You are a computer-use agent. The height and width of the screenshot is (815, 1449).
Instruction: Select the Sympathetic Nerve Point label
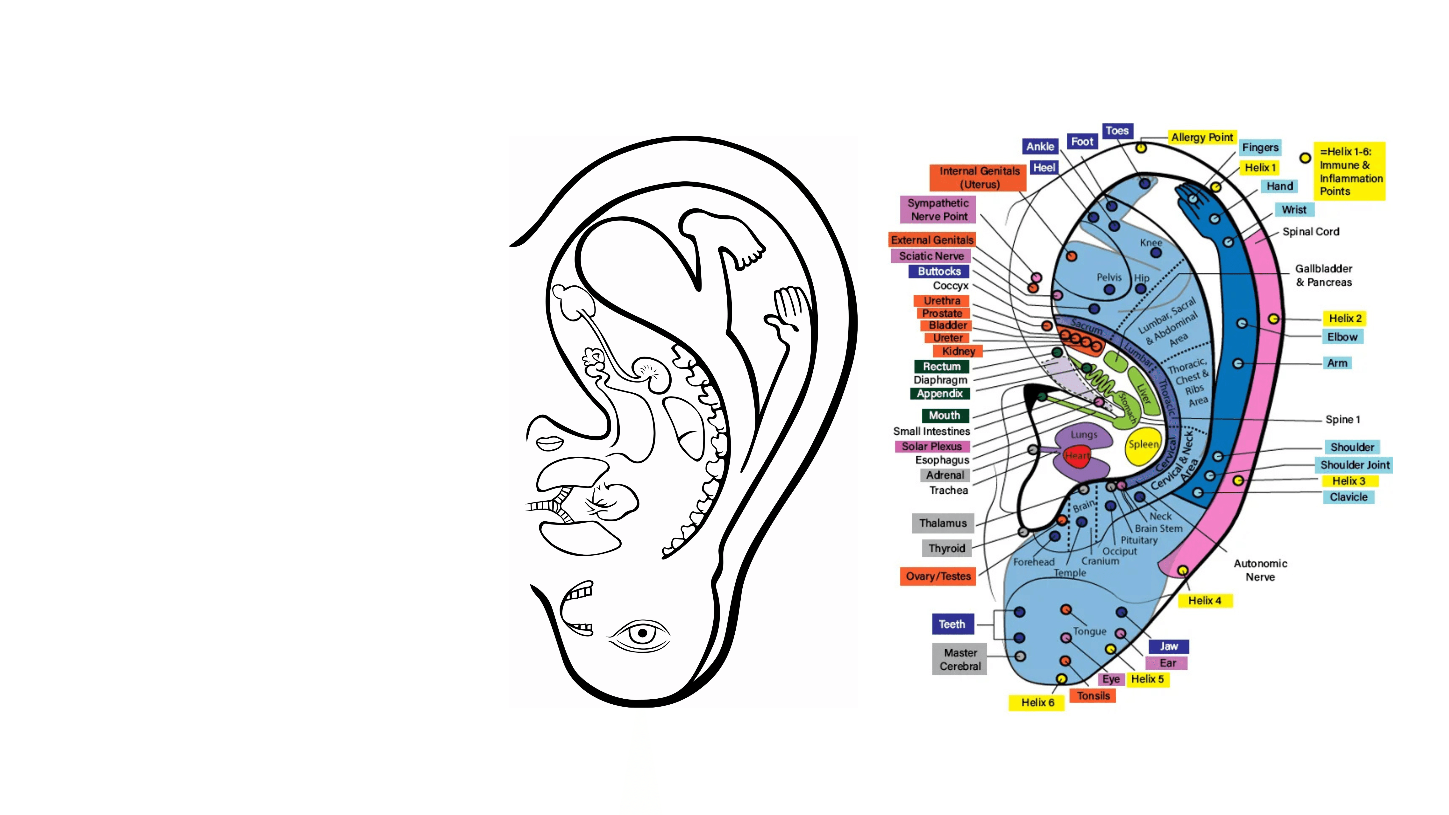938,209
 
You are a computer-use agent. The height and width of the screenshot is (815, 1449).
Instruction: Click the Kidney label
958,351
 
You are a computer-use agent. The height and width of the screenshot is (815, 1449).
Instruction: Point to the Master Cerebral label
960,659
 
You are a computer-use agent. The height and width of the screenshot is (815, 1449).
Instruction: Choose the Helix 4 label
1204,601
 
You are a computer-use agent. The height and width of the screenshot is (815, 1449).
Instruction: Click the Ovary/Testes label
938,576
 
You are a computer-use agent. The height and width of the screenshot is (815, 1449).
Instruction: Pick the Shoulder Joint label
1355,465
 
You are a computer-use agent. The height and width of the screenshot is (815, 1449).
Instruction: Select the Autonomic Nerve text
1260,570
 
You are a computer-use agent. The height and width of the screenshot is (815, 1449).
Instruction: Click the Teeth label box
952,624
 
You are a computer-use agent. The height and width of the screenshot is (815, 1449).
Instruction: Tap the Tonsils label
1093,696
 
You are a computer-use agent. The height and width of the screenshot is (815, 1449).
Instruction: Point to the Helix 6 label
1037,702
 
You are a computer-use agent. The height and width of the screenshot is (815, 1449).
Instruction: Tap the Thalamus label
943,523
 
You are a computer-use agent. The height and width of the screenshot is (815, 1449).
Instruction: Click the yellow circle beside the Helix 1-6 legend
1305,158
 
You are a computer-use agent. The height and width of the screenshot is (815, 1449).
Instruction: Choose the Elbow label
1342,337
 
